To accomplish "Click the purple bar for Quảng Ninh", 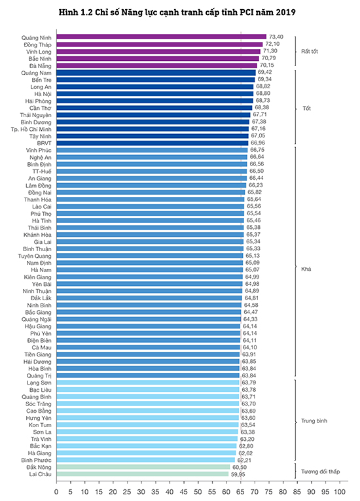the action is (162, 37).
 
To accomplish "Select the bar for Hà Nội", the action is (155, 94).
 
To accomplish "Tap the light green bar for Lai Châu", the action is (143, 474).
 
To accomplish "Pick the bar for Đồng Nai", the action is (151, 192).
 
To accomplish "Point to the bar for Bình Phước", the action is (146, 460).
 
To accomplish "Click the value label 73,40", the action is (276, 37).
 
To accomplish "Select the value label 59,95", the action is (238, 474).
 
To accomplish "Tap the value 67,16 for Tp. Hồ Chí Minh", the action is (259, 128).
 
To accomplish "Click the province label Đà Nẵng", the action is (41, 66).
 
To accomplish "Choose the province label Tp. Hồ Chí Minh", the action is (31, 129).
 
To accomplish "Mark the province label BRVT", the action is (44, 143).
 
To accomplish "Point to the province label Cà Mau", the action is (41, 347).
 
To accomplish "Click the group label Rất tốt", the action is (310, 52).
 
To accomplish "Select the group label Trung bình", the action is (314, 421).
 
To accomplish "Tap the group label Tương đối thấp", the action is (320, 472).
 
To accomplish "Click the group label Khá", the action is (306, 269).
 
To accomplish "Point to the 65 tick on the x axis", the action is (240, 491).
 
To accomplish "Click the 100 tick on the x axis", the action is (340, 491).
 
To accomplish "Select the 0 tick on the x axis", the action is (56, 491).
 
